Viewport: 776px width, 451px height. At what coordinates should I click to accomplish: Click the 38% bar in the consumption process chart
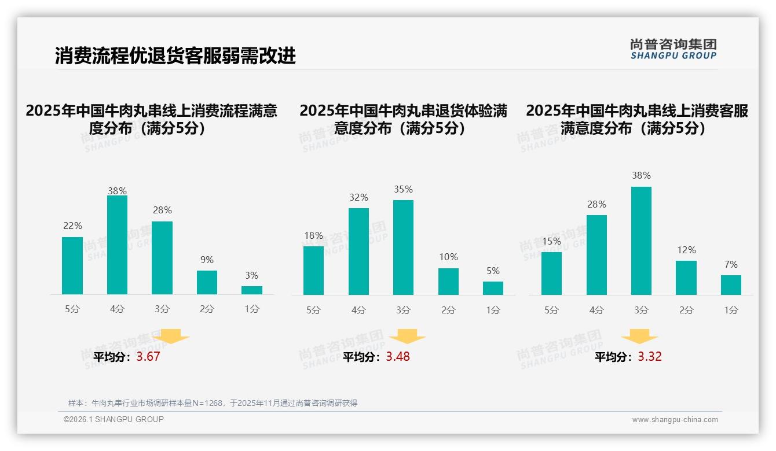(x=117, y=245)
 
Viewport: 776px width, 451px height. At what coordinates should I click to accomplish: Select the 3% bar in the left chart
(x=252, y=290)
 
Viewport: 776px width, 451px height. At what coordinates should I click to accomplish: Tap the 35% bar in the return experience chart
(x=403, y=247)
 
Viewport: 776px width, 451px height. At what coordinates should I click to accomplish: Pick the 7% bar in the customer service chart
(x=731, y=285)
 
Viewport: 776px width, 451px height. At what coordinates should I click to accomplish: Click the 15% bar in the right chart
(x=551, y=273)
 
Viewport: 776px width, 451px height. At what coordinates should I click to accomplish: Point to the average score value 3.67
(x=148, y=357)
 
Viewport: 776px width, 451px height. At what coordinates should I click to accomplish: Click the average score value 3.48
(x=398, y=357)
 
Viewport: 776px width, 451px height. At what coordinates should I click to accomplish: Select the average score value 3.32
(x=650, y=357)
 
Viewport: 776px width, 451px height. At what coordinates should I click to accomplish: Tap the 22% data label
(x=72, y=226)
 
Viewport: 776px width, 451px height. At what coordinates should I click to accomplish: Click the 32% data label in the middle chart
(x=358, y=198)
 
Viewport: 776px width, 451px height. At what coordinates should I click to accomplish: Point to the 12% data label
(x=686, y=250)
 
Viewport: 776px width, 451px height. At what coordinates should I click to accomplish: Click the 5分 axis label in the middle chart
(x=313, y=310)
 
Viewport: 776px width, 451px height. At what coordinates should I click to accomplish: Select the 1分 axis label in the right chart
(x=731, y=310)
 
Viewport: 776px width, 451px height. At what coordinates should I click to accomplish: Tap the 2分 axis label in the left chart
(x=207, y=309)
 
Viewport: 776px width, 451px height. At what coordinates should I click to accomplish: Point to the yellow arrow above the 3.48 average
(x=407, y=337)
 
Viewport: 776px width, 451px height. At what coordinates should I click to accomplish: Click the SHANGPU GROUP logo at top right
(x=673, y=49)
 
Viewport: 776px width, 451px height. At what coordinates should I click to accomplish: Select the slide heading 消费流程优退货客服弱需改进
(x=175, y=56)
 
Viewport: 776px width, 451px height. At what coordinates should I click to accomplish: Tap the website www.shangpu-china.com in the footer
(x=675, y=420)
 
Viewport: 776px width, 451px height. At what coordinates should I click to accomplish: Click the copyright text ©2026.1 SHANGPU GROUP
(x=114, y=419)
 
